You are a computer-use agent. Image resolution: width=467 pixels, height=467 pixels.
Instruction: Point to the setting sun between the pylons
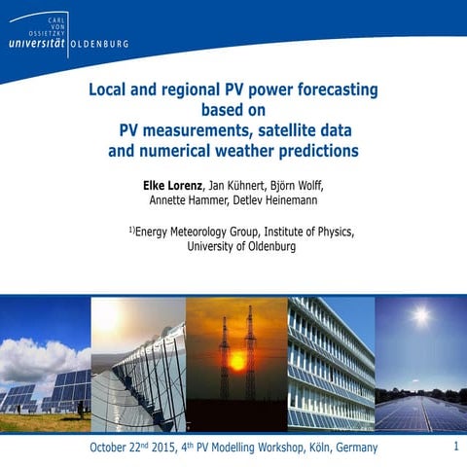coord(236,361)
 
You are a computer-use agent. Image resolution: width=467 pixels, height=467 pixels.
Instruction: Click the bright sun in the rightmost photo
coord(420,317)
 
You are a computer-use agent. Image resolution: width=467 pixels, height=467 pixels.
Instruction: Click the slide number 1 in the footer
coord(455,446)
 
